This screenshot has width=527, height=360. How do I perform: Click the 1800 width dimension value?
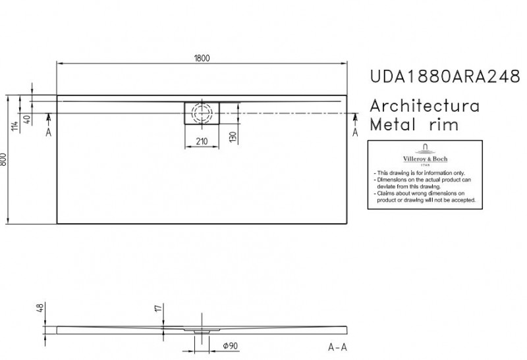click(202, 58)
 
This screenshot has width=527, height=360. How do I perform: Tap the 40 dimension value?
click(27, 119)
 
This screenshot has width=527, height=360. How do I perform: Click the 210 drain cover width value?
click(202, 141)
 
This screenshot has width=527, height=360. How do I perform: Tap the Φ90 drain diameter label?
click(229, 346)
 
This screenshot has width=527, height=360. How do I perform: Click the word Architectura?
click(424, 107)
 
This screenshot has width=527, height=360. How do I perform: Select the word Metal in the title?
click(394, 126)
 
